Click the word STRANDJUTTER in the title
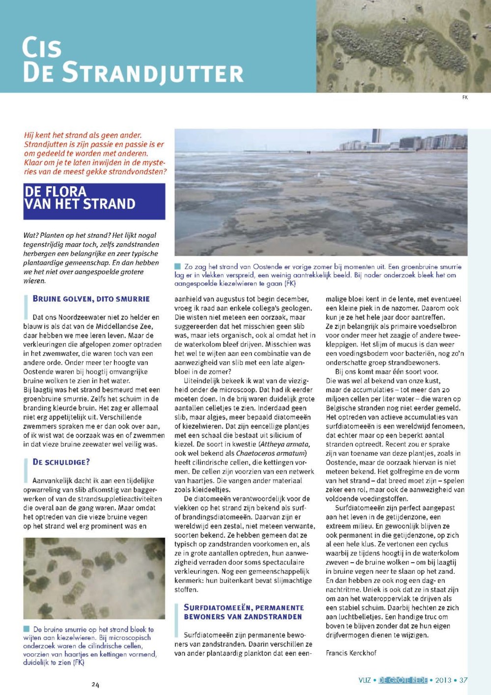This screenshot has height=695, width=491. point(153,72)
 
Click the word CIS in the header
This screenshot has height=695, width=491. point(42,48)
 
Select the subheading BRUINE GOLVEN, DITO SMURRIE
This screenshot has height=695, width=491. point(91,299)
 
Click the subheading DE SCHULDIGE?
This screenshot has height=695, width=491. point(61,462)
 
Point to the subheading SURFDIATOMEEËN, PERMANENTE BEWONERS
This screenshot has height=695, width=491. point(244,612)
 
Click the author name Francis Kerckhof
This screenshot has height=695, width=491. point(351,653)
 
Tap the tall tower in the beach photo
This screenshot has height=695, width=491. point(376,136)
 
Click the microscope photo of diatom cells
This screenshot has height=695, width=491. point(94,578)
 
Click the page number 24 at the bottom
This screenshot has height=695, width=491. point(95,685)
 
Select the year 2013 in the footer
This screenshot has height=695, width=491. point(443,680)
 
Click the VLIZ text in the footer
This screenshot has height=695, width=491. point(365,680)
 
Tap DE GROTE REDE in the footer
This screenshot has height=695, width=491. point(403,680)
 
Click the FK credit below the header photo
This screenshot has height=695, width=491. point(464,97)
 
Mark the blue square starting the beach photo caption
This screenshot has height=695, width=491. point(178,266)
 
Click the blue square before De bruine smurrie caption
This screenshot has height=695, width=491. point(27,629)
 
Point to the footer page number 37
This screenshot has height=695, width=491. point(463,680)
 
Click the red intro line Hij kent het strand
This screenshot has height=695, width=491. point(82,135)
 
